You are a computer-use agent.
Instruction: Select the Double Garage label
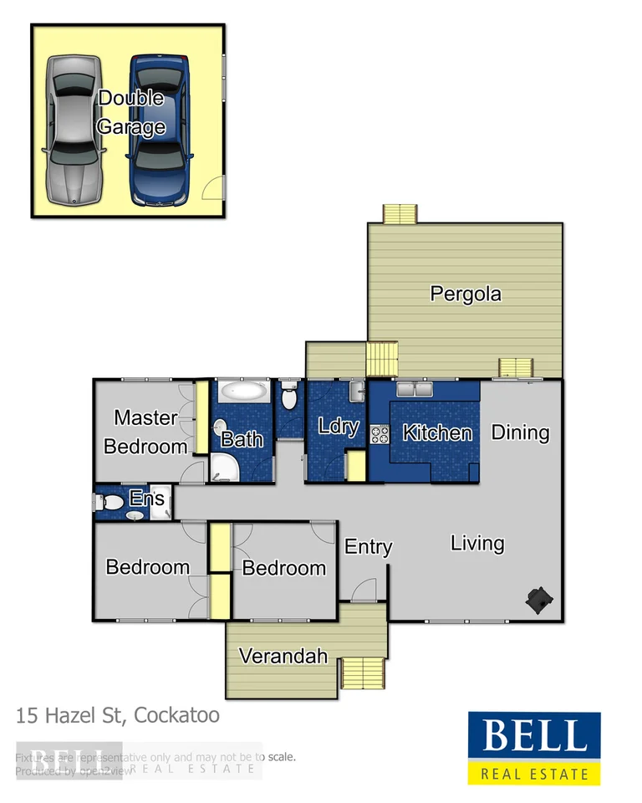point(130,113)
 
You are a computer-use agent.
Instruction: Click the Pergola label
point(466,294)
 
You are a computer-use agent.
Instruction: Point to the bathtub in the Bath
point(243,391)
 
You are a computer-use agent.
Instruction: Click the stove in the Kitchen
point(380,434)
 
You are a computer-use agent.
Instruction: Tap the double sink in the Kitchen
point(415,390)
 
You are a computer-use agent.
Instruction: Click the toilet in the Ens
point(107,502)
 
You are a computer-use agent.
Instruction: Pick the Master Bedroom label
point(145,432)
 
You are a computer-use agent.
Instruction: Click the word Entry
point(369,547)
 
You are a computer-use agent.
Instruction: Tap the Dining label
point(520,432)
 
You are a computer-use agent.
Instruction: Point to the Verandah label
point(283,656)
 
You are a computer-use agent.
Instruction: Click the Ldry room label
point(339,427)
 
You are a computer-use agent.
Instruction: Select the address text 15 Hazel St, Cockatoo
point(118,716)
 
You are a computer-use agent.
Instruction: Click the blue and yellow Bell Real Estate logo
point(533,748)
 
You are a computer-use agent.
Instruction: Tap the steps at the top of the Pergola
point(400,214)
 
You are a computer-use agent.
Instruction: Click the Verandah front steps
point(363,673)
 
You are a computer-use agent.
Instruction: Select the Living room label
point(477,544)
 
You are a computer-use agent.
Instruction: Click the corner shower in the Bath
point(223,468)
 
